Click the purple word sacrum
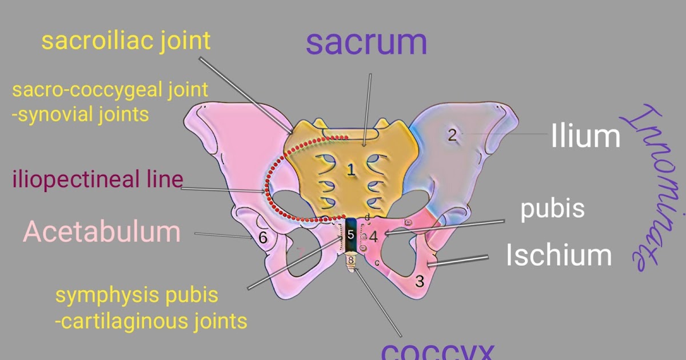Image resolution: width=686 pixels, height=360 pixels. click(366, 42)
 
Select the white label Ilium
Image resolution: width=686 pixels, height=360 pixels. click(585, 137)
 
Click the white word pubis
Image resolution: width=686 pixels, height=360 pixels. click(552, 209)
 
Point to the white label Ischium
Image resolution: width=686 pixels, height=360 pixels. click(559, 255)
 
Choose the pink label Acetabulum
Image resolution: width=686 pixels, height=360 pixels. click(102, 231)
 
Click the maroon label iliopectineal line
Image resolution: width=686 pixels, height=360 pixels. click(98, 179)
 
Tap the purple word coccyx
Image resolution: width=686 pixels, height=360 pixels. click(437, 350)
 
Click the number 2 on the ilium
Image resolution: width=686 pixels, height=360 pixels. click(452, 135)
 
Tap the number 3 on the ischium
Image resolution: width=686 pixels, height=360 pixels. click(419, 281)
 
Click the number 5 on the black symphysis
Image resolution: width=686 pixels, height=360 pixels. click(351, 234)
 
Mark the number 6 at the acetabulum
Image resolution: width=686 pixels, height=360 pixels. click(263, 238)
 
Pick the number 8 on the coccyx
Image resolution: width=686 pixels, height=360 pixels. click(351, 261)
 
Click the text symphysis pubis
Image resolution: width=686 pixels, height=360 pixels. click(137, 295)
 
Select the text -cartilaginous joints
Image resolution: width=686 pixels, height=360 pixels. click(151, 321)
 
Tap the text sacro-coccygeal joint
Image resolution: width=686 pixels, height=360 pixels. click(110, 90)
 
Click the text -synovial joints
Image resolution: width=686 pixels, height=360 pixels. click(80, 114)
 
